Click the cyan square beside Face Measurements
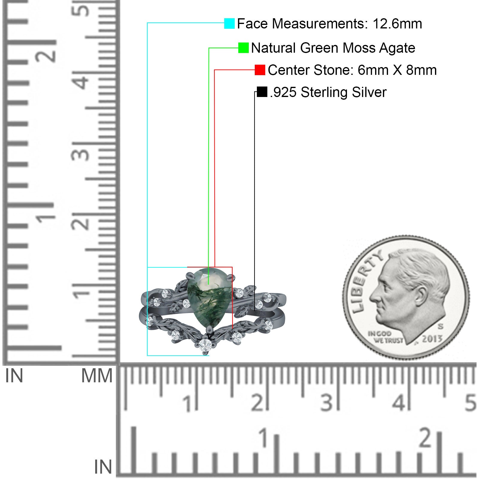point(229,23)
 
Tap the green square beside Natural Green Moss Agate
point(243,48)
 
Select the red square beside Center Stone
point(260,70)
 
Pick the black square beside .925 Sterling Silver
point(262,92)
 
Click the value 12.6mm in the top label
point(397,24)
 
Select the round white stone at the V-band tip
point(205,345)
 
